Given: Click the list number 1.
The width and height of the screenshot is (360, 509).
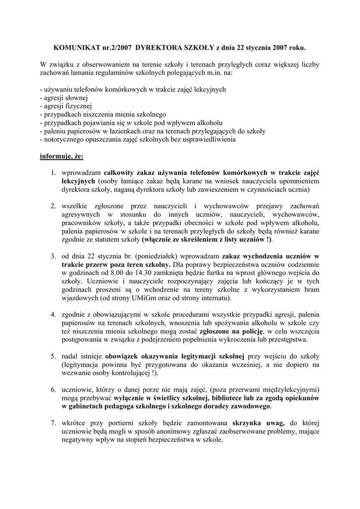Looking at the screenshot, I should [x=52, y=173].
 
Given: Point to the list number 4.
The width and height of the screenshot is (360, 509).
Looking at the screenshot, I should [x=52, y=315].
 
